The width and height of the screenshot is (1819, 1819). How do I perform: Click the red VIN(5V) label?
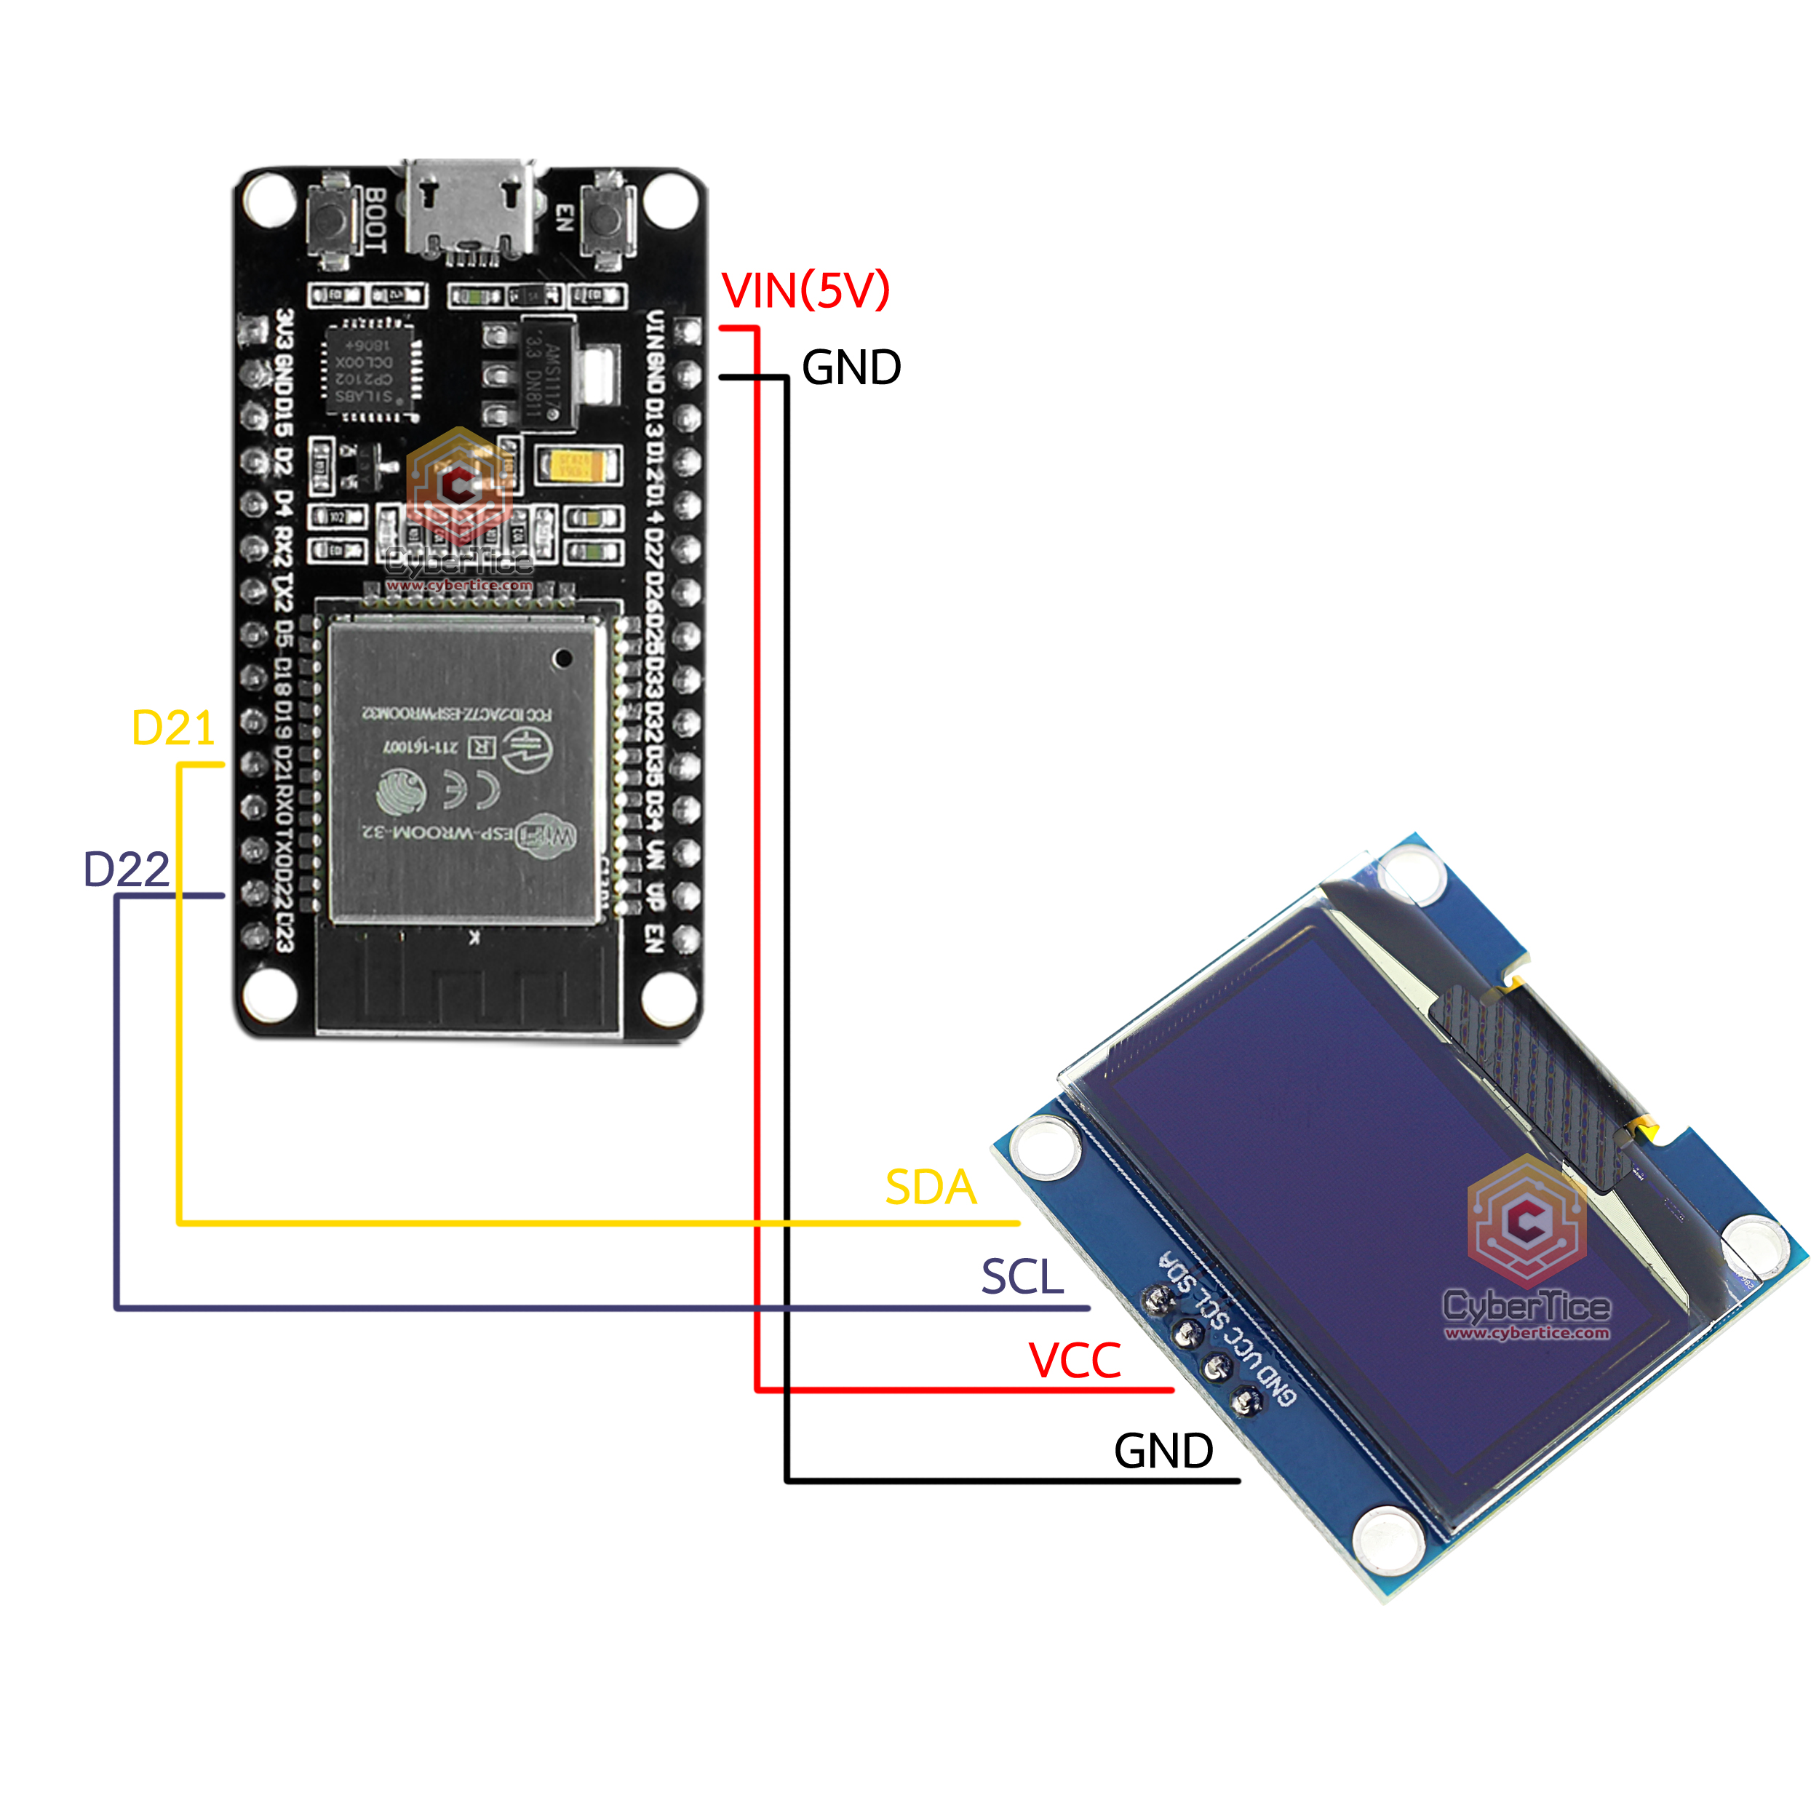805,290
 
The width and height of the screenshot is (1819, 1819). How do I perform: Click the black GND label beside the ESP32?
851,367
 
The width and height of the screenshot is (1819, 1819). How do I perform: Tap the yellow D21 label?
173,728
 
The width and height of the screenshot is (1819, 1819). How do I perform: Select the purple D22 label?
126,869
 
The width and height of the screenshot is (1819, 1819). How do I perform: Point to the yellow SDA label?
930,1187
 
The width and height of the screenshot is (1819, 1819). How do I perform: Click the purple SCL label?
1022,1278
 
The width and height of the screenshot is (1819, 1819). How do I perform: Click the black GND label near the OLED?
1163,1451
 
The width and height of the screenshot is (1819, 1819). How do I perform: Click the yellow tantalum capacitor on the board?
576,464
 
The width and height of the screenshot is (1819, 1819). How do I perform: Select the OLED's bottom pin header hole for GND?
1246,1402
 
